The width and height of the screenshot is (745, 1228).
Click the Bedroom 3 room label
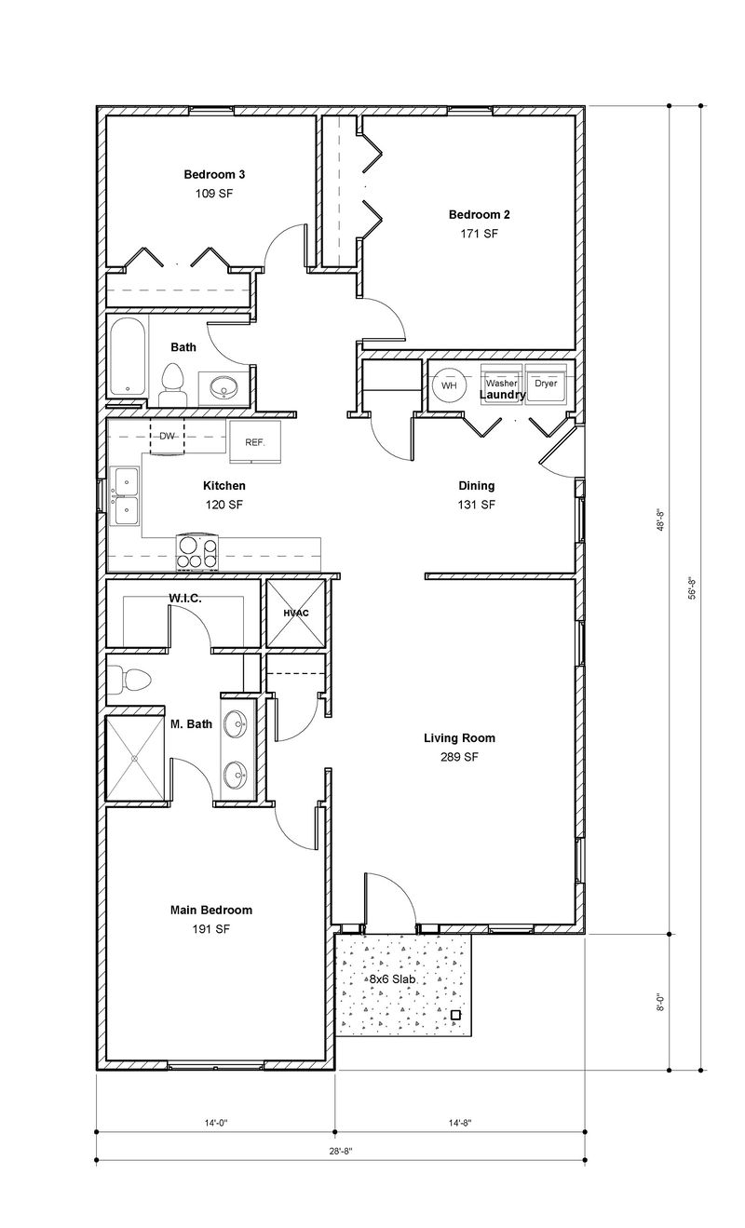[x=214, y=174]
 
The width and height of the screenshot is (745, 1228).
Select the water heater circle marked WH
[x=448, y=385]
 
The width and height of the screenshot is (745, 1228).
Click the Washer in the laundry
[x=501, y=383]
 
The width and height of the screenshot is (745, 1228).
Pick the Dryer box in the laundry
[x=545, y=383]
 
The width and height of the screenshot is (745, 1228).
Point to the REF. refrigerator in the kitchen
[x=255, y=441]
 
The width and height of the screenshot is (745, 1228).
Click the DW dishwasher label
[x=168, y=436]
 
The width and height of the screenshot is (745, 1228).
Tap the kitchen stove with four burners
[x=196, y=552]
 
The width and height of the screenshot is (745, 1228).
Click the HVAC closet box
[x=296, y=613]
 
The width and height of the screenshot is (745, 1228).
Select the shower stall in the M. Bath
[x=136, y=758]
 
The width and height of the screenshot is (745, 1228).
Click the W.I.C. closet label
[x=186, y=599]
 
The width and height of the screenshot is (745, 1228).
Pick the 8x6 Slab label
[x=392, y=979]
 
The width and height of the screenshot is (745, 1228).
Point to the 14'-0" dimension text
[x=216, y=1124]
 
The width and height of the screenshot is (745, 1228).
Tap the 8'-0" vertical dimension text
[x=661, y=1002]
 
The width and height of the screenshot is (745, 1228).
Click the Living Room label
[x=459, y=738]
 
